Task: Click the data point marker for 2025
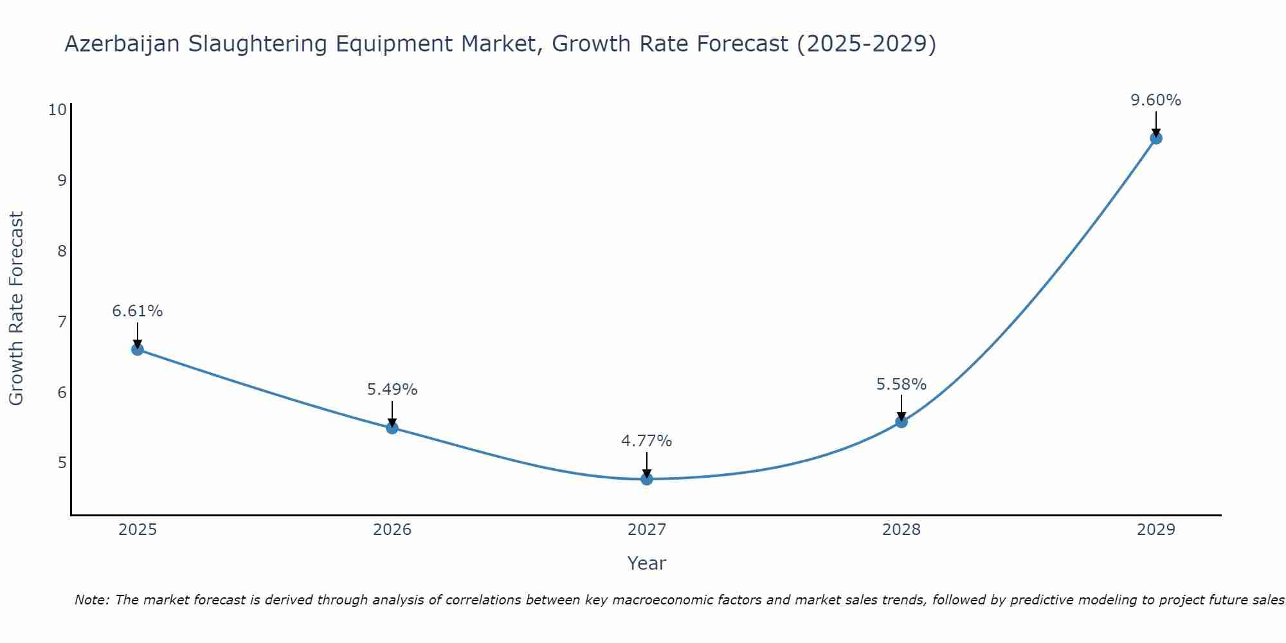click(x=137, y=349)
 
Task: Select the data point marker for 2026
click(x=392, y=428)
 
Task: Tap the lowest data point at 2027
click(x=647, y=479)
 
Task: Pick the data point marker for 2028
click(x=901, y=422)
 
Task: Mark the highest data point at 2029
click(x=1155, y=138)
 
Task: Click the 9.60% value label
click(x=1155, y=100)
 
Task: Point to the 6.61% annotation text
click(x=137, y=311)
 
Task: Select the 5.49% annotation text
click(x=392, y=390)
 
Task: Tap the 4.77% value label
click(x=646, y=441)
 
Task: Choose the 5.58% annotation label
click(x=901, y=385)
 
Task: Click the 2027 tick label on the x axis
click(x=647, y=530)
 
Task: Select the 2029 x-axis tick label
click(x=1155, y=530)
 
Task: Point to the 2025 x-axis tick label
click(x=138, y=530)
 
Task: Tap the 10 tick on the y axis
click(x=57, y=109)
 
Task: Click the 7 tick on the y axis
click(x=62, y=321)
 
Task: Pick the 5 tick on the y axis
click(x=62, y=463)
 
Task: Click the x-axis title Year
click(x=646, y=563)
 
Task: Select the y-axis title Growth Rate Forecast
click(x=16, y=309)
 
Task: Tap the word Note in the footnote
click(x=92, y=600)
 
